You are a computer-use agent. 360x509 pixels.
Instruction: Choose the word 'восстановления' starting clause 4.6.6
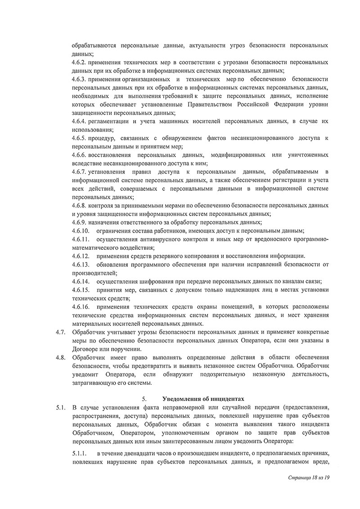112,155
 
